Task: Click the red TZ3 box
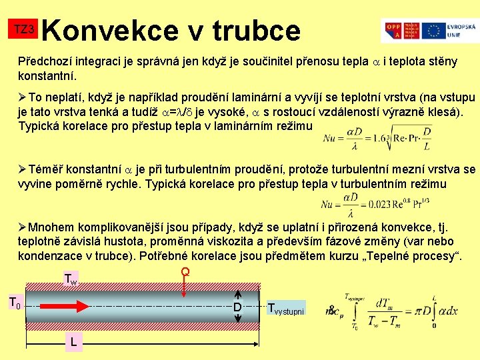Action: tap(24, 29)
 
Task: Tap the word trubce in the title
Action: tap(257, 29)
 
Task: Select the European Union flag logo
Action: tap(434, 30)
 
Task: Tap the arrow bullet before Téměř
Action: tap(23, 170)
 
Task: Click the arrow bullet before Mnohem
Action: tap(23, 226)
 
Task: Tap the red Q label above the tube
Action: tap(185, 272)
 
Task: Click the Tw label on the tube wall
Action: tap(70, 279)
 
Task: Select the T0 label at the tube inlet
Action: tap(15, 304)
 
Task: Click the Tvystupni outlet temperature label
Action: tap(285, 309)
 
